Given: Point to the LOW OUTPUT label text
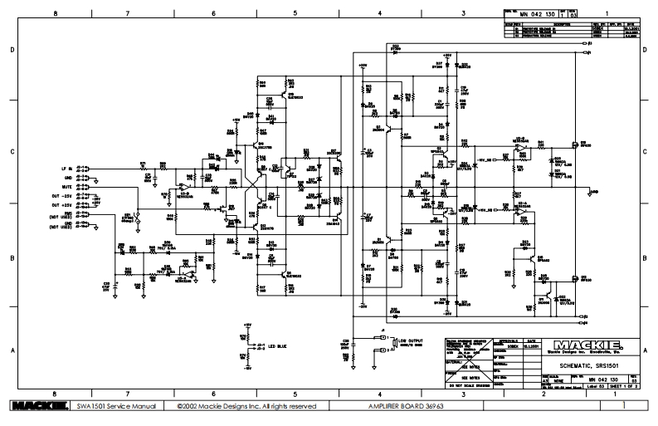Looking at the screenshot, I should point(408,340).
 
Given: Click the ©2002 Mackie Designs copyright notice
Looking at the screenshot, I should point(246,406).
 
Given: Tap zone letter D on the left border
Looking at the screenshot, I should point(12,51).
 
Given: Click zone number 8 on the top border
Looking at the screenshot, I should point(55,14).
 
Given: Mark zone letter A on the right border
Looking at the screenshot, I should point(646,350).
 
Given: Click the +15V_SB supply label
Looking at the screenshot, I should point(485,155).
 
